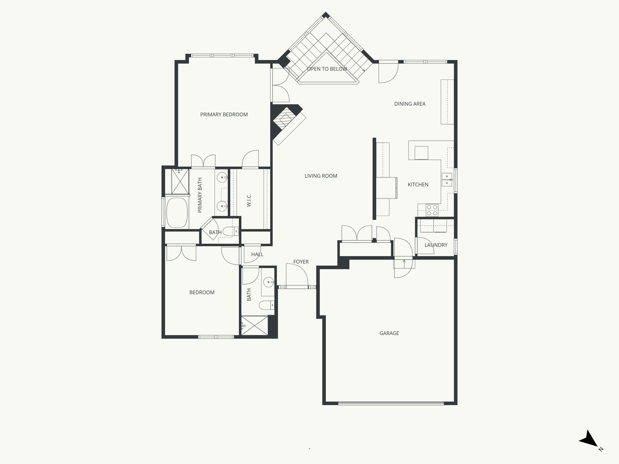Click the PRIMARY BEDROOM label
(x=224, y=114)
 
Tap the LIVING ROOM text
(x=321, y=176)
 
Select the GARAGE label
(x=389, y=333)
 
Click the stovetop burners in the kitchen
(x=432, y=210)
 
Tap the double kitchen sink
(x=447, y=179)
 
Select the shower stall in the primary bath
(x=180, y=182)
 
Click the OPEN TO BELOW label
(x=327, y=69)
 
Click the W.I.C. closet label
(x=249, y=200)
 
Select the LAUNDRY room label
(x=436, y=245)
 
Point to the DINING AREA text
(x=410, y=104)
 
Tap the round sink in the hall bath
(x=268, y=282)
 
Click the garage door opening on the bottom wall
(x=391, y=403)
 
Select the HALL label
(x=257, y=254)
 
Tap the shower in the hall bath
(x=254, y=325)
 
